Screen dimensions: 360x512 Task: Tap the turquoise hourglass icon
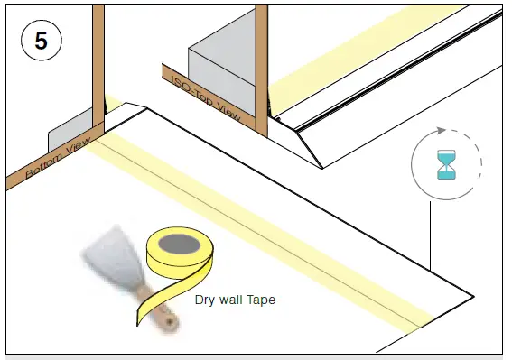point(446,165)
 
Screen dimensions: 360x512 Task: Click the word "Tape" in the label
point(260,300)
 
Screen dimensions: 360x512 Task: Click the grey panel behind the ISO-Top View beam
point(221,68)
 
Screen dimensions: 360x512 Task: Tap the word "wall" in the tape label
point(232,300)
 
